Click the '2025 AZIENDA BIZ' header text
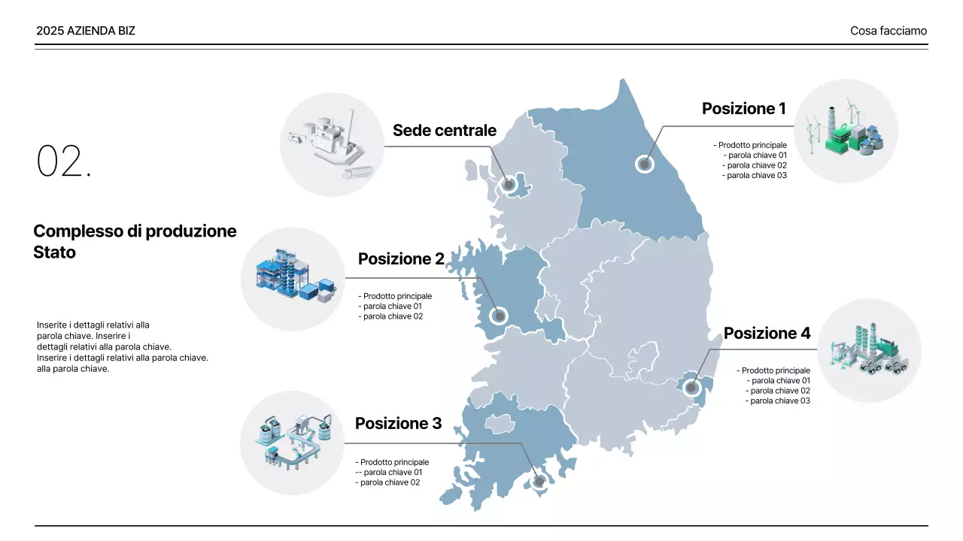(x=86, y=31)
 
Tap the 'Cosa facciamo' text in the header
(x=889, y=31)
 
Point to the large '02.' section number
(x=64, y=161)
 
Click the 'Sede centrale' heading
(x=445, y=130)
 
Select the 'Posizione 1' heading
(x=744, y=109)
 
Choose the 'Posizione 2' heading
(x=401, y=259)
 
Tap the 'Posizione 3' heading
(x=398, y=423)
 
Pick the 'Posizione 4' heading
(x=767, y=333)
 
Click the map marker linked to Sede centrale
(x=509, y=185)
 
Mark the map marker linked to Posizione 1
(x=645, y=164)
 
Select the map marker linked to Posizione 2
(x=499, y=316)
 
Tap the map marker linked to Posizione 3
(x=539, y=482)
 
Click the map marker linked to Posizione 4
(x=691, y=388)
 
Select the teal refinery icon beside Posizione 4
(x=869, y=349)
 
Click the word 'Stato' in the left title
(x=55, y=252)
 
